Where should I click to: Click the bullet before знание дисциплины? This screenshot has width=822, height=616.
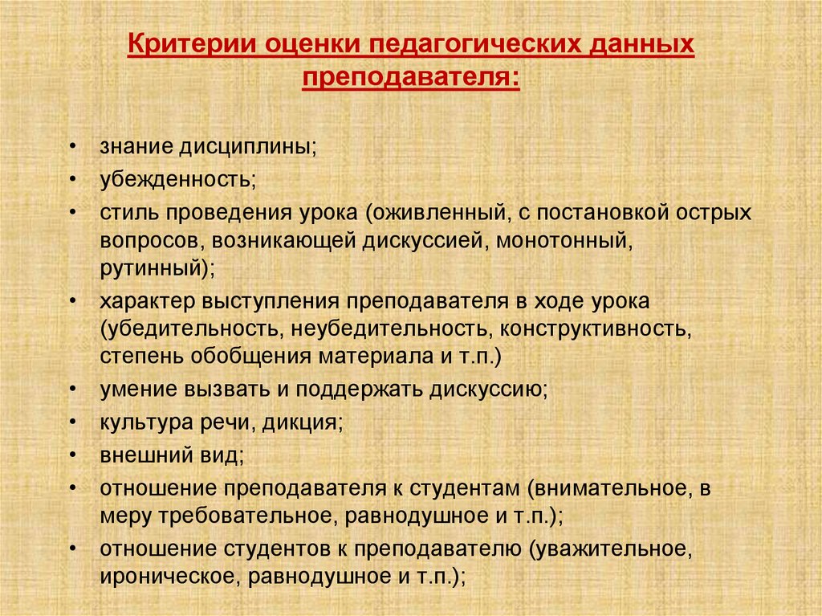click(75, 148)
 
